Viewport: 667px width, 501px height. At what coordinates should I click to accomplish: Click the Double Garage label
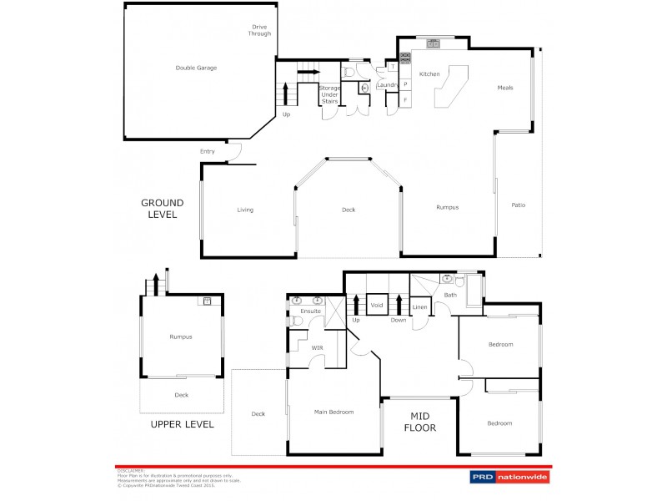pos(196,68)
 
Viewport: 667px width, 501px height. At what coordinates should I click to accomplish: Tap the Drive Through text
pos(259,30)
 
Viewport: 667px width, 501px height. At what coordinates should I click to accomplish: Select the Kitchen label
pos(429,74)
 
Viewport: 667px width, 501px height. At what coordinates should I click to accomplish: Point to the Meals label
pos(505,88)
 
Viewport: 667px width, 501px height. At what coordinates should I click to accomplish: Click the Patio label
pos(518,205)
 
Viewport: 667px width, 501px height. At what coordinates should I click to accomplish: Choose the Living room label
pos(245,210)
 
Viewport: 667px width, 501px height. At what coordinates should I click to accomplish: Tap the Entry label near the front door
pos(208,151)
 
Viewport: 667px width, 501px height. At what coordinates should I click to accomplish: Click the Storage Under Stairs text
pos(329,94)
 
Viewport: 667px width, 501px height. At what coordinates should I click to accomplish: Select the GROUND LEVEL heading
pos(162,208)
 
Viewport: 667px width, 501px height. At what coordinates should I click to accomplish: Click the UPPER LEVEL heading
pos(182,424)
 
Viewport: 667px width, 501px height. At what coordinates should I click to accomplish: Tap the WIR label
pos(316,347)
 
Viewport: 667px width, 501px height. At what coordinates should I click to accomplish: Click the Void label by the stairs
pos(376,306)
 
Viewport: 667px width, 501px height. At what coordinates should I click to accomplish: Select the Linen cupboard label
pos(420,307)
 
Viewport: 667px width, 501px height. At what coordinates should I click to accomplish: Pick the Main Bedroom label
pos(333,412)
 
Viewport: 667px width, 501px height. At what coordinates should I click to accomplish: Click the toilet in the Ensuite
pos(296,320)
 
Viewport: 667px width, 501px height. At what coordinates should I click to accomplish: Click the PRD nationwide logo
pos(506,477)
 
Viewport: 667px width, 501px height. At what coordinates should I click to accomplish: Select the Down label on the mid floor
pos(399,320)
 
